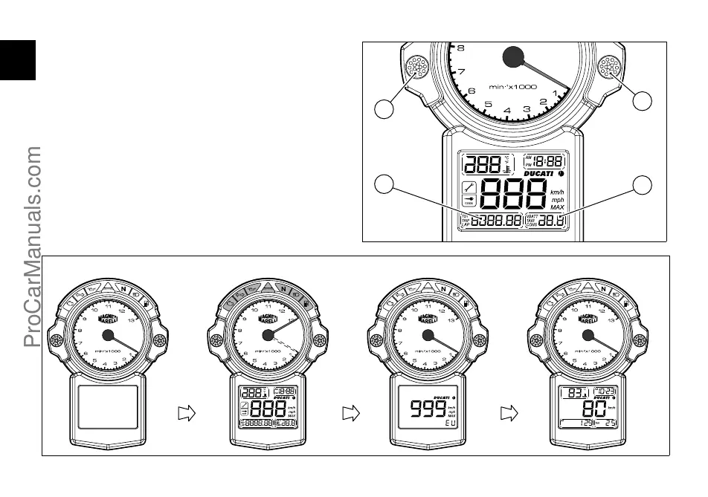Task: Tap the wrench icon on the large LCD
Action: pyautogui.click(x=469, y=187)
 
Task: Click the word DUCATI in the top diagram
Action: pyautogui.click(x=537, y=174)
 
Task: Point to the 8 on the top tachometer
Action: pyautogui.click(x=461, y=48)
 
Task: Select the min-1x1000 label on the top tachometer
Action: pyautogui.click(x=512, y=87)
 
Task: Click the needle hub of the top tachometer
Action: pyautogui.click(x=513, y=56)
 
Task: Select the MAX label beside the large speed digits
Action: pyautogui.click(x=557, y=207)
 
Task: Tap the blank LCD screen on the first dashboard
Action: pyautogui.click(x=109, y=406)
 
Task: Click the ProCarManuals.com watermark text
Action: pyautogui.click(x=33, y=246)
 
